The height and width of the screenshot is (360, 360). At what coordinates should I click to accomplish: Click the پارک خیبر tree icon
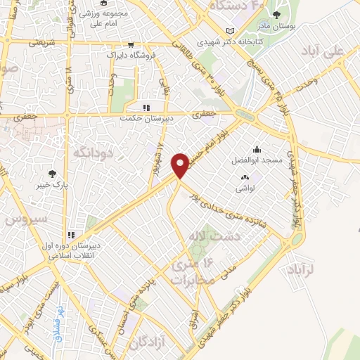51,174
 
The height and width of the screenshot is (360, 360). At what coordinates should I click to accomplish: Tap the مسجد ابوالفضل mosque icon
257,149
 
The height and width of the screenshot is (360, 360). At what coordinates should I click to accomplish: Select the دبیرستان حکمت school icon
147,108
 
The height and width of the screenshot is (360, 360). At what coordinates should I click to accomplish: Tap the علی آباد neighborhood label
333,52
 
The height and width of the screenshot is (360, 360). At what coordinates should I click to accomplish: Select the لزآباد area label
304,269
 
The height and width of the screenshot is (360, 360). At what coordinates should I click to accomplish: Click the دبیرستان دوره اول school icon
70,234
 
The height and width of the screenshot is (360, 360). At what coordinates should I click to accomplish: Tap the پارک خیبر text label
51,186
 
